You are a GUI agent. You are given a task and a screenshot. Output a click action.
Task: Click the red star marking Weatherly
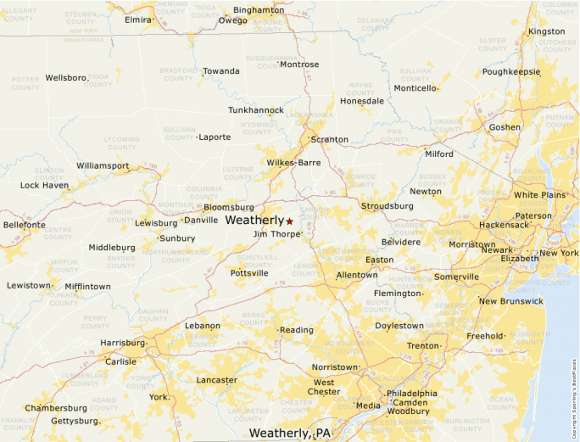pos(289,221)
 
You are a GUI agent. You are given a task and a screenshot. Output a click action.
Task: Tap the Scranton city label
pos(329,139)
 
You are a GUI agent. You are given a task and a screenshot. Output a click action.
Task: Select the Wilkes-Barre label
pos(293,162)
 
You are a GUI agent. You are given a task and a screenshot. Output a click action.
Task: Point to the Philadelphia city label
pos(412,394)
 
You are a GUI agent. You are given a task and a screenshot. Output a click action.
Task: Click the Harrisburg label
pos(123,343)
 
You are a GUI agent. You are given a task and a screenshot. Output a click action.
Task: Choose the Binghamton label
pos(259,9)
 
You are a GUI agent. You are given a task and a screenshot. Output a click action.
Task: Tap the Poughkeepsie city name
pos(511,72)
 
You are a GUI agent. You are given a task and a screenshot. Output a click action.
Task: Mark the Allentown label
pos(357,275)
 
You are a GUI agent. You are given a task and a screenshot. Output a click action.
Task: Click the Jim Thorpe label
pos(276,233)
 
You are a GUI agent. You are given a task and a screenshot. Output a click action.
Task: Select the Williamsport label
pos(103,165)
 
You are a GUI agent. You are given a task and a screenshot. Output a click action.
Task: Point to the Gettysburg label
pos(75,420)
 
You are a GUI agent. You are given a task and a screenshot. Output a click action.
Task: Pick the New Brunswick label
pos(510,301)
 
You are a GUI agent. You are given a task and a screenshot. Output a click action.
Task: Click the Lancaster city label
pos(217,380)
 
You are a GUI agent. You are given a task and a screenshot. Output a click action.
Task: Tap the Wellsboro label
pos(66,77)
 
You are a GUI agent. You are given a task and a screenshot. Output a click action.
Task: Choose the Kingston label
pos(546,31)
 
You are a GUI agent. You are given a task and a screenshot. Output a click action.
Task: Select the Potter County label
pos(25,83)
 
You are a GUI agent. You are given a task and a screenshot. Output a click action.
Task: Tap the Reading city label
pos(297,330)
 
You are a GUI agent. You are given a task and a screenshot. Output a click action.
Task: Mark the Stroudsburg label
pos(388,206)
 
